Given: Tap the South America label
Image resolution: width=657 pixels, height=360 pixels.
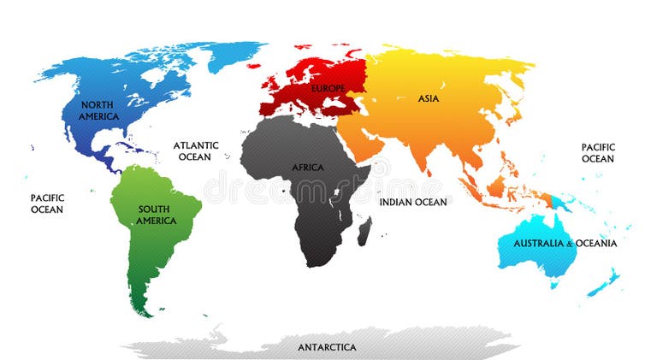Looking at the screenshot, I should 155,215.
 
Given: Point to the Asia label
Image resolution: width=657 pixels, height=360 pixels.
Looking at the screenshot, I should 429,98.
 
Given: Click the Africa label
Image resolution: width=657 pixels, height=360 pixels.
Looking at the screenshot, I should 308,168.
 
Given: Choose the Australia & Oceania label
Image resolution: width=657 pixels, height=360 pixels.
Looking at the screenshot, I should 564,244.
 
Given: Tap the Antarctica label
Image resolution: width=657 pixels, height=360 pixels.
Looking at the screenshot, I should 327,347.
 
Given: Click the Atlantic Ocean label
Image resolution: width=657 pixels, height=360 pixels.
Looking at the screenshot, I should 197,151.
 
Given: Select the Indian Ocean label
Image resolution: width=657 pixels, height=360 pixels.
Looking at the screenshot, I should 412,202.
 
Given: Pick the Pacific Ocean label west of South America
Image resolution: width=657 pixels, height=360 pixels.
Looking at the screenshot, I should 47,204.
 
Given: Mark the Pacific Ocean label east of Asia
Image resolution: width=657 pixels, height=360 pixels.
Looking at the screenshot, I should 598,153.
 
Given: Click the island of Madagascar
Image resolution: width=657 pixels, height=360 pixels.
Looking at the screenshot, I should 364,230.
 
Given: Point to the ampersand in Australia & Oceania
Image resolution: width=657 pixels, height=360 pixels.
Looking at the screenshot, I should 569,244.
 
